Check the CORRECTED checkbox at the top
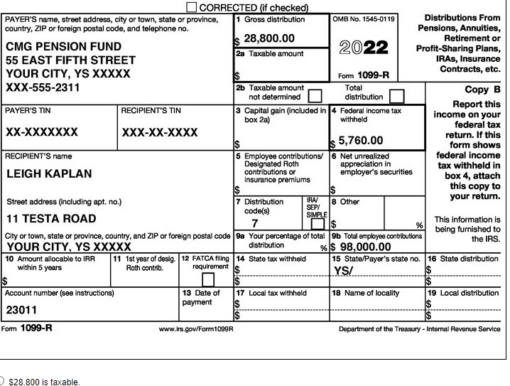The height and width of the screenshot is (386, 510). (x=192, y=7)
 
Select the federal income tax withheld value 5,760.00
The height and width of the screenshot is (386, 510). (x=360, y=141)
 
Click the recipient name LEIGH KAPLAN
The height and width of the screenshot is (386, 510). (x=49, y=173)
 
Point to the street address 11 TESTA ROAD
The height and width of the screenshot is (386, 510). (x=51, y=218)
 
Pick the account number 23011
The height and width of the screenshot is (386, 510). (x=21, y=310)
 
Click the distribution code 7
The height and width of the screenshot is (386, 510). (x=255, y=223)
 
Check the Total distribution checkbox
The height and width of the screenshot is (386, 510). (x=397, y=95)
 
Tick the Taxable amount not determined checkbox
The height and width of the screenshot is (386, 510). (x=315, y=95)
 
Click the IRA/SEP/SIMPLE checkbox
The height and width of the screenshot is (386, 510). (x=317, y=224)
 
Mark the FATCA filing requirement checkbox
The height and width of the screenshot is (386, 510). (x=208, y=279)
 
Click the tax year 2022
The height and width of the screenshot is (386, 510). (x=364, y=48)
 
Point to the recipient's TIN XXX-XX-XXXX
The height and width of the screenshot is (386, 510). (x=160, y=133)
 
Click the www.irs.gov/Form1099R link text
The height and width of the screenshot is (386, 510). (x=196, y=329)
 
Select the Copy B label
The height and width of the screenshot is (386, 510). (x=482, y=90)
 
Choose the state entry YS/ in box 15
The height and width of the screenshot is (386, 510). (x=344, y=271)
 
